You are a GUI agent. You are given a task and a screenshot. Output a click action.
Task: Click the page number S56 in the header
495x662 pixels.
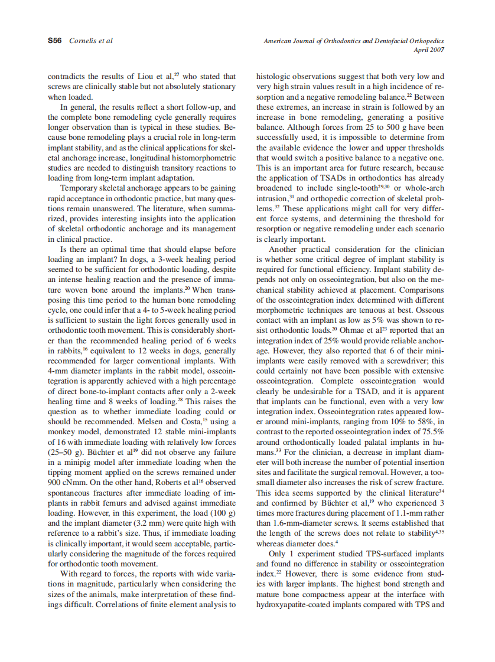coord(56,41)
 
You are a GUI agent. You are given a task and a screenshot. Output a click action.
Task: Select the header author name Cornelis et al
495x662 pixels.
coord(91,41)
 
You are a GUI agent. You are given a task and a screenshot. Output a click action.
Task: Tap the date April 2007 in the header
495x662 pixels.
coord(431,50)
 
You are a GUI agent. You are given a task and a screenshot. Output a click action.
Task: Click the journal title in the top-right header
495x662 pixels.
coord(354,41)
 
